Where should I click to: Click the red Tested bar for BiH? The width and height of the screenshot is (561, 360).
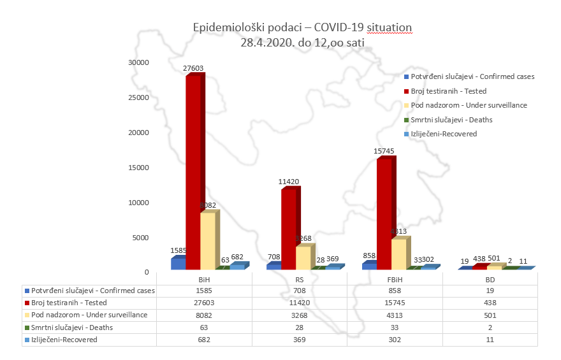coord(193,172)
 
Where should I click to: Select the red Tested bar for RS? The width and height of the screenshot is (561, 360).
coord(288,229)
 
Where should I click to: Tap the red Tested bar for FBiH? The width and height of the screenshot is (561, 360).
coord(384,213)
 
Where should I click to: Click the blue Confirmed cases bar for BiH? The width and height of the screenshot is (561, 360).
coord(178,263)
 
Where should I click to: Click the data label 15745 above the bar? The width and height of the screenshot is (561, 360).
coord(385,151)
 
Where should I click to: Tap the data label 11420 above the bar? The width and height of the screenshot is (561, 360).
coord(289,182)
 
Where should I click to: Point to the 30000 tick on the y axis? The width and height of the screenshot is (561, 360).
coord(138,62)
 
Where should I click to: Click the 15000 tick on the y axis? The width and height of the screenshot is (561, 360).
coord(138,168)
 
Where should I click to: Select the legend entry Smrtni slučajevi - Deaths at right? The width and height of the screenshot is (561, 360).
coord(451,120)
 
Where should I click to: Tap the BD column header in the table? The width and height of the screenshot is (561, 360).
coord(490,279)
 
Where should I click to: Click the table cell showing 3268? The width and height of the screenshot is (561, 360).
coord(299,315)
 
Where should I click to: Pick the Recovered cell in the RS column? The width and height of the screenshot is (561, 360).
coord(299,340)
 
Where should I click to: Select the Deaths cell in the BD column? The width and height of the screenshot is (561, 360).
coord(490,328)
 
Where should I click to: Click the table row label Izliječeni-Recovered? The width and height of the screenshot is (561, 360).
coord(63,340)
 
